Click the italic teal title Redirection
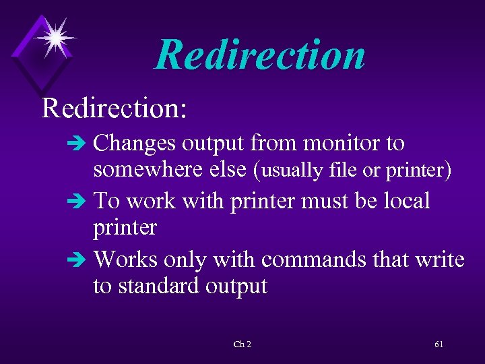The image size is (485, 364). (x=260, y=55)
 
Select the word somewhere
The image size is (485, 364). (x=147, y=171)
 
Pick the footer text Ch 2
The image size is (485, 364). (x=243, y=344)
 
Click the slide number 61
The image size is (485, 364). (x=439, y=344)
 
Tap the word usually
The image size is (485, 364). (x=292, y=171)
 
